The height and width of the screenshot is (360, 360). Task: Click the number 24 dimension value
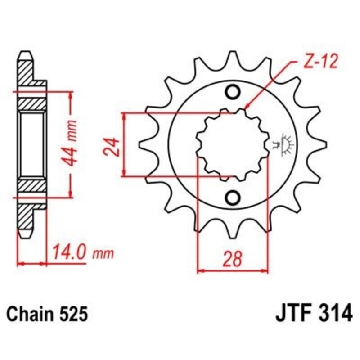pyautogui.click(x=113, y=145)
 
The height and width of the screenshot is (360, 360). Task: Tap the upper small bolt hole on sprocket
pyautogui.click(x=233, y=93)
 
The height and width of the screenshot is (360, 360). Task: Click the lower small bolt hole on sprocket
pyautogui.click(x=233, y=197)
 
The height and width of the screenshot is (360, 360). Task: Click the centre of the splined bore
pyautogui.click(x=233, y=144)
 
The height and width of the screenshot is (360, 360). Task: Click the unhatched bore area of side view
pyautogui.click(x=32, y=144)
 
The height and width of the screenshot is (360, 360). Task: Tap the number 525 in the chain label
pyautogui.click(x=72, y=314)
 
